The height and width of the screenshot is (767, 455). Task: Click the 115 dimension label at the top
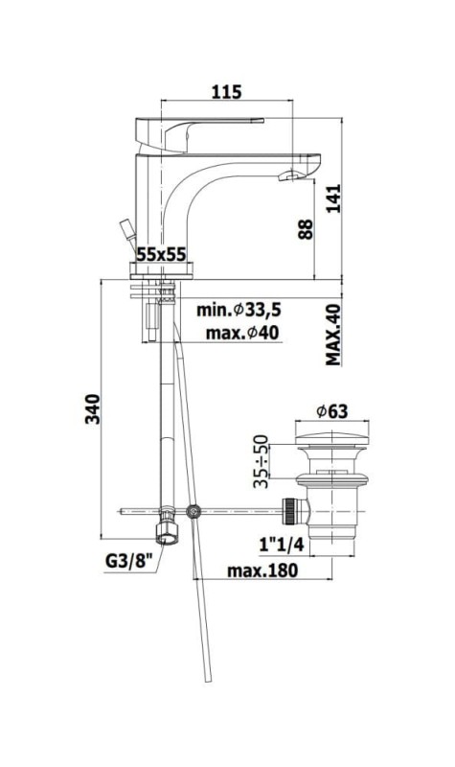coord(226,91)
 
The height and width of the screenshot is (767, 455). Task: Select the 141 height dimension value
coord(333,198)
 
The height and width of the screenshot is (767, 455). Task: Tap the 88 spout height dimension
coord(306,229)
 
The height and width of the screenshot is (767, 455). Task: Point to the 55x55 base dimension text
coord(161,254)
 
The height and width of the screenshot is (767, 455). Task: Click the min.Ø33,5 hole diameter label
coord(239,310)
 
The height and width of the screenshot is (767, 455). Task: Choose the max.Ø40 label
coord(242,333)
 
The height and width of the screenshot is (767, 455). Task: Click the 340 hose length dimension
coord(93,409)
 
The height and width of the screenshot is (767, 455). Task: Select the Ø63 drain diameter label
coord(331,411)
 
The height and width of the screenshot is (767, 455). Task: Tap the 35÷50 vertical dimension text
coord(262,461)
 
